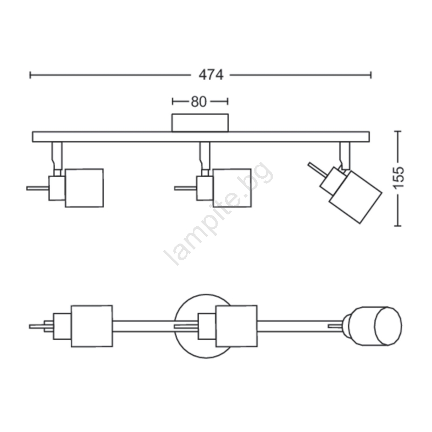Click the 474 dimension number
point(211,75)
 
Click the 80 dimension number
point(199,102)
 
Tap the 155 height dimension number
point(398,178)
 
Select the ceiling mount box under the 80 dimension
point(200,123)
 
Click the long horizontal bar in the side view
point(201,137)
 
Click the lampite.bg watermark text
point(219,213)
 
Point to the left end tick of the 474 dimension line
point(30,75)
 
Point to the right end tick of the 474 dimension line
point(371,75)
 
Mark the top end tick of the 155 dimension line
point(397,131)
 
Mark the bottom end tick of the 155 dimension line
point(397,226)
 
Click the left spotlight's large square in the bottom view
point(92,326)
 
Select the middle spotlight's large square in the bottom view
point(237,326)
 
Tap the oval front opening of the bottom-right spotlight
point(388,326)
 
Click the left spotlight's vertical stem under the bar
point(57,156)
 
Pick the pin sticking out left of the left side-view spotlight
point(38,188)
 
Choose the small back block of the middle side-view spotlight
point(205,188)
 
